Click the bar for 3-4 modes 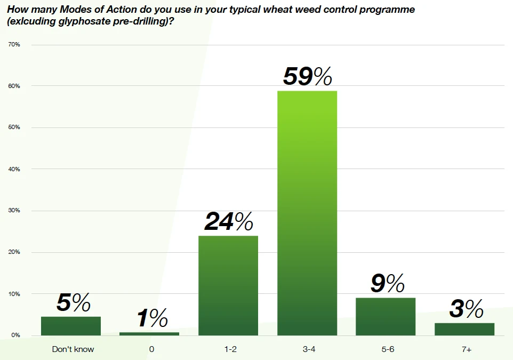point(307,213)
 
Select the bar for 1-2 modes point(228,285)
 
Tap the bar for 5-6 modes point(386,316)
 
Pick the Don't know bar point(71,326)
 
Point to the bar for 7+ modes point(464,329)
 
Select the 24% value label point(228,222)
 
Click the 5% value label point(73,303)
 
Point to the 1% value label point(152,319)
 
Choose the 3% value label point(466,309)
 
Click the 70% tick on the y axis point(14,44)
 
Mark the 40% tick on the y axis point(14,169)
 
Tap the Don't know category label point(73,349)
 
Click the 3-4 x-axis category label point(307,349)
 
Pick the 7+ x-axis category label point(466,349)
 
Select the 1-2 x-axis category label point(229,349)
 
